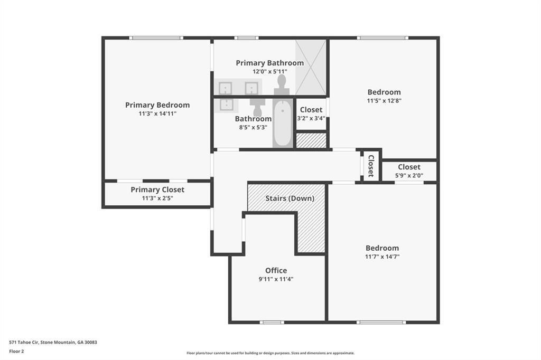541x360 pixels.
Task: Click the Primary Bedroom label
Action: pyautogui.click(x=157, y=105)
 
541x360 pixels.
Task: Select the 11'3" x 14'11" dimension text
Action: pyautogui.click(x=157, y=113)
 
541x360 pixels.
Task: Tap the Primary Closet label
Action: pyautogui.click(x=157, y=190)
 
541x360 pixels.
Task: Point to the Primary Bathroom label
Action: pyautogui.click(x=269, y=63)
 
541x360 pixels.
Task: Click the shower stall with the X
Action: pyautogui.click(x=311, y=67)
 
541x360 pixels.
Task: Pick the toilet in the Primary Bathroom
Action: pyautogui.click(x=282, y=84)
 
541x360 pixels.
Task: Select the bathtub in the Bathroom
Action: pyautogui.click(x=283, y=124)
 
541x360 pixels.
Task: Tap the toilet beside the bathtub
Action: pyautogui.click(x=257, y=108)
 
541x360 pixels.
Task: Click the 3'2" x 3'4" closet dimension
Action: pyautogui.click(x=311, y=119)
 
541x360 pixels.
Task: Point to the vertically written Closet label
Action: pyautogui.click(x=371, y=165)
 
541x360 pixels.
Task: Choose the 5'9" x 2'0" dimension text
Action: pyautogui.click(x=409, y=176)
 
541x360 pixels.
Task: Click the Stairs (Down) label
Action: pyautogui.click(x=290, y=198)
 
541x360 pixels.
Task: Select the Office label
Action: pyautogui.click(x=276, y=270)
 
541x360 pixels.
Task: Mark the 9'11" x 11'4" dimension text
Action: pyautogui.click(x=276, y=279)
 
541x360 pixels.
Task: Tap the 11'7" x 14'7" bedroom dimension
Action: pyautogui.click(x=382, y=257)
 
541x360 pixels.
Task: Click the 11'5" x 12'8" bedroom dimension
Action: pyautogui.click(x=384, y=101)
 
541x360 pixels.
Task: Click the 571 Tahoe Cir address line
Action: pyautogui.click(x=53, y=342)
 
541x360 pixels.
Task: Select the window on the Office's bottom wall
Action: pyautogui.click(x=272, y=322)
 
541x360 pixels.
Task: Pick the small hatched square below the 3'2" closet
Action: pyautogui.click(x=311, y=140)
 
